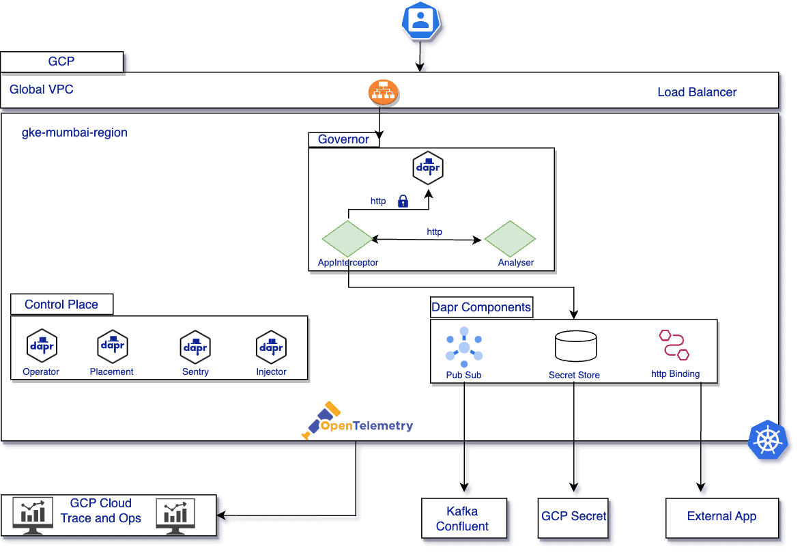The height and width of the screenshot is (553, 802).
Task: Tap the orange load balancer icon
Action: pos(383,93)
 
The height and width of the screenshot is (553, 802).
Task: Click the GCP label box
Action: pos(61,61)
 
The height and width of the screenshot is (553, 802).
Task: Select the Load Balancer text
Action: pos(697,92)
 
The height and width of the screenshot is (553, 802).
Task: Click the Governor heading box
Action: pos(344,139)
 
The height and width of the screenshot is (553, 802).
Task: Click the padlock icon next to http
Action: pos(403,201)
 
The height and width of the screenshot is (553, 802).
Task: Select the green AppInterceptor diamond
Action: pos(347,239)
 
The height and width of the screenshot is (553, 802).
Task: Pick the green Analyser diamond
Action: pos(510,240)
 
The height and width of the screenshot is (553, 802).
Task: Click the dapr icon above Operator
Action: pos(42,346)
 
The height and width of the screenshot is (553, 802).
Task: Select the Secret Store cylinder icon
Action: pos(575,347)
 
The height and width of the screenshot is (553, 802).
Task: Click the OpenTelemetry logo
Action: pos(358,421)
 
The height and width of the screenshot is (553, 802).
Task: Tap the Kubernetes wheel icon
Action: pos(768,438)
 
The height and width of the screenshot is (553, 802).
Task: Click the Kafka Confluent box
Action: pos(464,518)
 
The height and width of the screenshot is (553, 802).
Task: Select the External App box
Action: pos(721,517)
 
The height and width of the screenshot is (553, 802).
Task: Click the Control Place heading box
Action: pos(61,304)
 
